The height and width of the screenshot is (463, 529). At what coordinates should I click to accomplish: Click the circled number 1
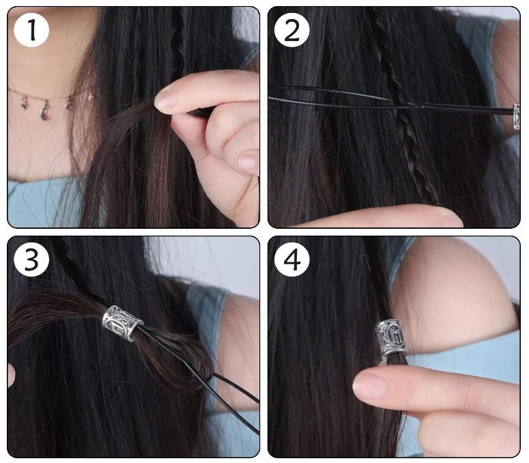(31, 30)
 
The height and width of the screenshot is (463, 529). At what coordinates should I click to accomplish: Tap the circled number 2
(292, 30)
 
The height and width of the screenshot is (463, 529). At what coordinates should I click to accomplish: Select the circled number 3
(31, 259)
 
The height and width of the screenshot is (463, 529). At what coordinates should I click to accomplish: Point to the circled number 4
(292, 259)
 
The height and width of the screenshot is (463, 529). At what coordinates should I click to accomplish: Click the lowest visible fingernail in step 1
(248, 161)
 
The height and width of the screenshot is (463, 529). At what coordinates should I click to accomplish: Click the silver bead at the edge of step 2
(516, 117)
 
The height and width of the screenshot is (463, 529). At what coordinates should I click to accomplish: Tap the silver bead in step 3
(122, 323)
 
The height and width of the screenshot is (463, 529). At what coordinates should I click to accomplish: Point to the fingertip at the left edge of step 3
(11, 375)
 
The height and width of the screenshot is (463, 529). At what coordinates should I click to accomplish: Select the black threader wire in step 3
(203, 378)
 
